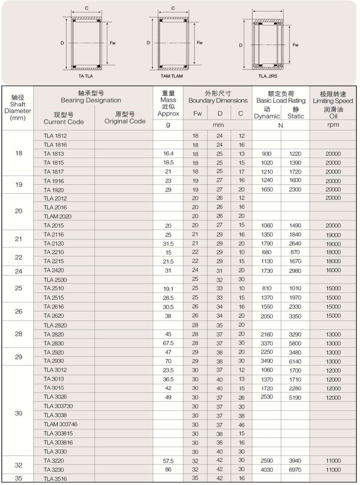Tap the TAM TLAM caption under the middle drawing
172,76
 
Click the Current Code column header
63,118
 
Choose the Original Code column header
125,118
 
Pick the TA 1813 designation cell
53,154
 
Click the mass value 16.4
168,154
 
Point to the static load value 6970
295,470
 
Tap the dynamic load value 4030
267,470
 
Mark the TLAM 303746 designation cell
61,424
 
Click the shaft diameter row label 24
18,271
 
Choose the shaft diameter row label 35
18,479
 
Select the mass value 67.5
168,343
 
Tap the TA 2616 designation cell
53,307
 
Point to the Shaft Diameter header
18,108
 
